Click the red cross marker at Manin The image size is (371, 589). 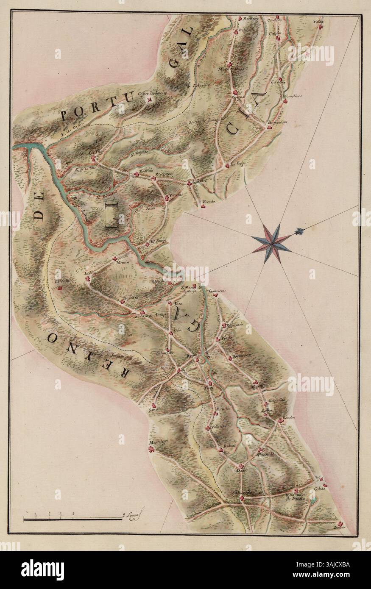pos(114,258)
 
